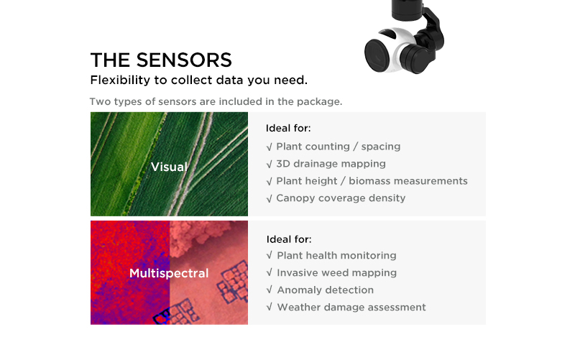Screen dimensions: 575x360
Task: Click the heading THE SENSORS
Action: pyautogui.click(x=161, y=60)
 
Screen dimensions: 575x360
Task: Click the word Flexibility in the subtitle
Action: pyautogui.click(x=120, y=80)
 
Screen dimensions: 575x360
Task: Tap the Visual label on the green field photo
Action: pyautogui.click(x=169, y=167)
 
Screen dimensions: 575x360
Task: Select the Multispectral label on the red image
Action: pyautogui.click(x=169, y=273)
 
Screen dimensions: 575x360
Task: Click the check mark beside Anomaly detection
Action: pyautogui.click(x=269, y=290)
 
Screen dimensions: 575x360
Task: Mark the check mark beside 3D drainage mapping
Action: pyautogui.click(x=269, y=164)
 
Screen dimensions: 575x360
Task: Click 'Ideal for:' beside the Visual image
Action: pyautogui.click(x=288, y=128)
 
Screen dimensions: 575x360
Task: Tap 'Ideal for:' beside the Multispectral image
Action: pyautogui.click(x=289, y=239)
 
